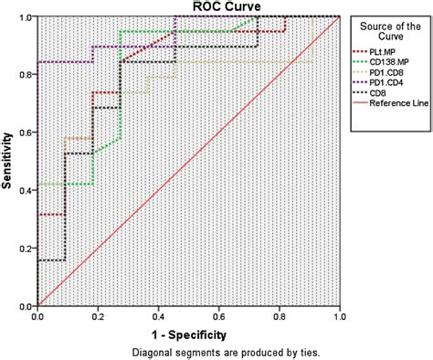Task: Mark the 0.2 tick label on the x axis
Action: (98, 315)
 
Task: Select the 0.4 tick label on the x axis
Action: (158, 315)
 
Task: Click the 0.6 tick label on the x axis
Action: (218, 315)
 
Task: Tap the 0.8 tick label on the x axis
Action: (279, 315)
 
